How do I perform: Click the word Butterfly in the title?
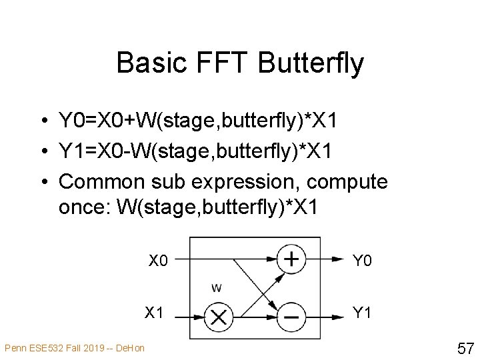(310, 63)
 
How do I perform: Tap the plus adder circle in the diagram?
(291, 259)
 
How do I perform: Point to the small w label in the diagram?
(217, 288)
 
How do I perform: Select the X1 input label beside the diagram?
(155, 312)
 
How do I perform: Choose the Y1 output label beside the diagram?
(361, 312)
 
